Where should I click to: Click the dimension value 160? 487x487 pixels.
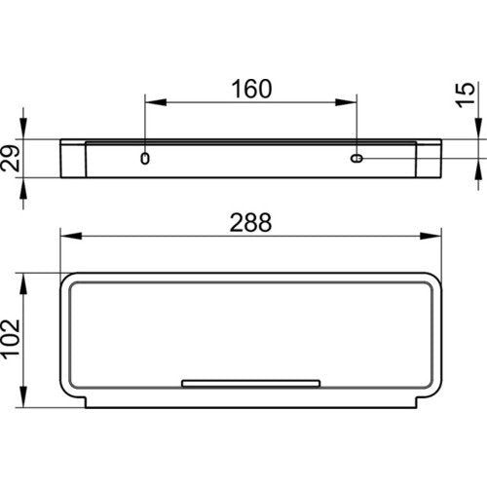coord(251,89)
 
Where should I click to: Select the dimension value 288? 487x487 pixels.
coord(250,223)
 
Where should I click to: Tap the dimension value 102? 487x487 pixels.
coord(11,340)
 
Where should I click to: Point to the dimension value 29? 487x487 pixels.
coord(11,158)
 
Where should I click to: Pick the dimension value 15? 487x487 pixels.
coord(465,94)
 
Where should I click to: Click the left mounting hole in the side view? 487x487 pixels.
coord(145,159)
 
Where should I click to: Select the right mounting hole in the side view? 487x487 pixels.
coord(356,159)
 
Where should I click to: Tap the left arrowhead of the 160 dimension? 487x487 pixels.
coord(156,102)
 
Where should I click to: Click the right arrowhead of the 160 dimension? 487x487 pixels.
coord(347,102)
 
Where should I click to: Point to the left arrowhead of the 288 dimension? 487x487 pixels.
coord(71,236)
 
